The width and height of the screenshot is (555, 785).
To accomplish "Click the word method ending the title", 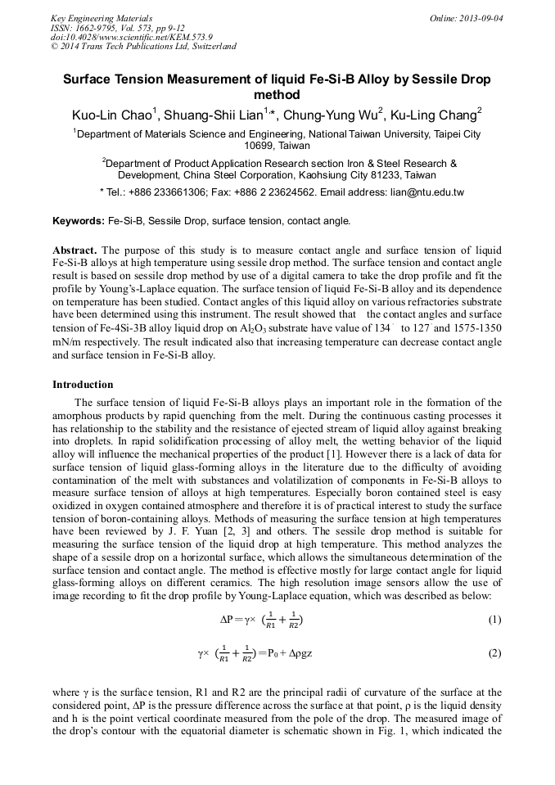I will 277,95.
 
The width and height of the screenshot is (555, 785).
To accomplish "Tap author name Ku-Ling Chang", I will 435,115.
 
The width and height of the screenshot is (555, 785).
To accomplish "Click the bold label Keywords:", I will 79,221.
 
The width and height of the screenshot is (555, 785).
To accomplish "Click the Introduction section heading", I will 83,384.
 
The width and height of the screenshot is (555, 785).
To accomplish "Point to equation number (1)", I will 494,620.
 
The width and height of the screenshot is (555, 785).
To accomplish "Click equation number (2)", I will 494,653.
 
